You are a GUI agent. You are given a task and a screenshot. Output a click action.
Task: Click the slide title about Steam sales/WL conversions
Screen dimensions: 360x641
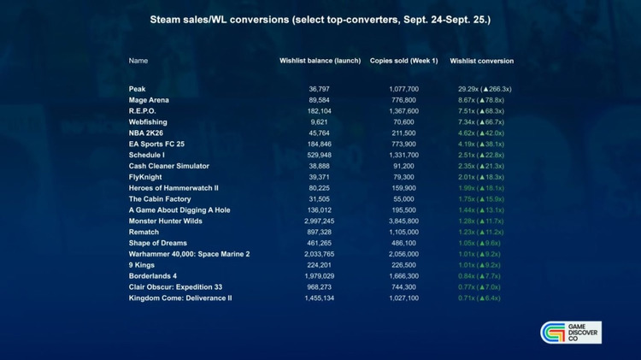320,18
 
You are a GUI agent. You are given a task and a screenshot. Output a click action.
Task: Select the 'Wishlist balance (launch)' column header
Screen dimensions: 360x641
319,62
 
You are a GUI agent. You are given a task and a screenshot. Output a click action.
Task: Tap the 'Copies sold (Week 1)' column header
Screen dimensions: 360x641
403,62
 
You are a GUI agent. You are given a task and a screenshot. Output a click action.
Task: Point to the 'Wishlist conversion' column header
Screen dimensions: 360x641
481,62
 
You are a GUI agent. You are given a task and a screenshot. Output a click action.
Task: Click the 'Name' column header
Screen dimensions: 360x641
138,62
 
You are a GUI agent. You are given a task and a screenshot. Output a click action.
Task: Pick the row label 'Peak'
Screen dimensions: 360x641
137,89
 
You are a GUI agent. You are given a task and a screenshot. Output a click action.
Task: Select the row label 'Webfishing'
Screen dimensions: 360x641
147,122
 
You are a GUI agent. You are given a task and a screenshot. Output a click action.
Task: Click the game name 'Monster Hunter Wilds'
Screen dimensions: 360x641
165,221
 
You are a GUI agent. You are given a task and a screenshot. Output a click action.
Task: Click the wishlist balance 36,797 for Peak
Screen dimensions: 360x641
319,89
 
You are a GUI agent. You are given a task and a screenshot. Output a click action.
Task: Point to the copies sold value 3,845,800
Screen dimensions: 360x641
397,221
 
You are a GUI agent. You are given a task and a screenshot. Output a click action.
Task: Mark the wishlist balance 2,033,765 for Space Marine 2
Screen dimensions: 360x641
319,254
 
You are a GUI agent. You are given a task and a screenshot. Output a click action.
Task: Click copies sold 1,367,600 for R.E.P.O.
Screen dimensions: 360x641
397,111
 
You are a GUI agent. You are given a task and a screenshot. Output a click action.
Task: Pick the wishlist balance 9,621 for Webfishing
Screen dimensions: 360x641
319,122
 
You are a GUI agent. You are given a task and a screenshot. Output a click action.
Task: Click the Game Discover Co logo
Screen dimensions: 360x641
571,333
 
